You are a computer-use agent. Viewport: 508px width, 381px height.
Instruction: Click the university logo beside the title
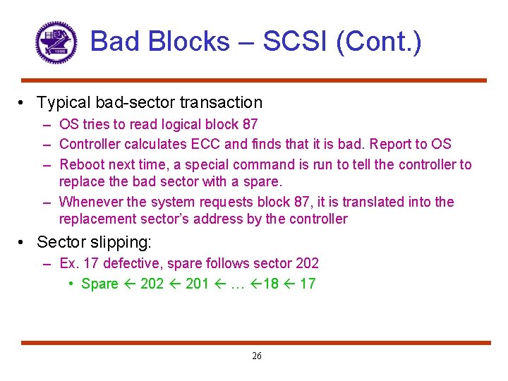[x=56, y=42]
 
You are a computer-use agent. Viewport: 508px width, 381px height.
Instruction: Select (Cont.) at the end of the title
[x=379, y=42]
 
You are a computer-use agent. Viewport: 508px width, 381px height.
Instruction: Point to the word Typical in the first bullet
[x=65, y=103]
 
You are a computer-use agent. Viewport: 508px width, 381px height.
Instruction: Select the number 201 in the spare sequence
[x=197, y=284]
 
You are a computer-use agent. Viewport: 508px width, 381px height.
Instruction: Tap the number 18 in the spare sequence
[x=271, y=284]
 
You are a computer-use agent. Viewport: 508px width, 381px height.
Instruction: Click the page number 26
[x=256, y=356]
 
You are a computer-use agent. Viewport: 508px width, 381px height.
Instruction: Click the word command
[x=264, y=164]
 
